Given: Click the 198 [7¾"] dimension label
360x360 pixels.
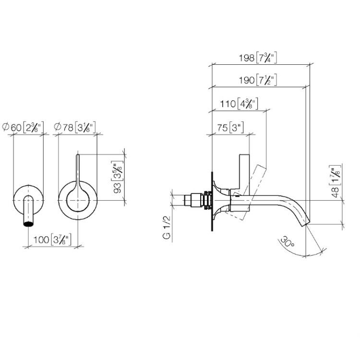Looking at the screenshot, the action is tap(258, 58).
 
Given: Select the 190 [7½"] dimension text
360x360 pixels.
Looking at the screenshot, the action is tap(258, 80).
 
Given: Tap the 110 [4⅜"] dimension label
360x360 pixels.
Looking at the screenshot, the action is tap(239, 104).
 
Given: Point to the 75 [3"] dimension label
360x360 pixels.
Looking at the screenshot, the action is tap(230, 127).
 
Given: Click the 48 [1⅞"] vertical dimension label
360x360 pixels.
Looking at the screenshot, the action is tap(335, 181).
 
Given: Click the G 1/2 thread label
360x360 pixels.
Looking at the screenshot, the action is tap(167, 228).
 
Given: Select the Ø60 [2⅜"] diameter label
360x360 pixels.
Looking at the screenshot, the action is tap(23, 127).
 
